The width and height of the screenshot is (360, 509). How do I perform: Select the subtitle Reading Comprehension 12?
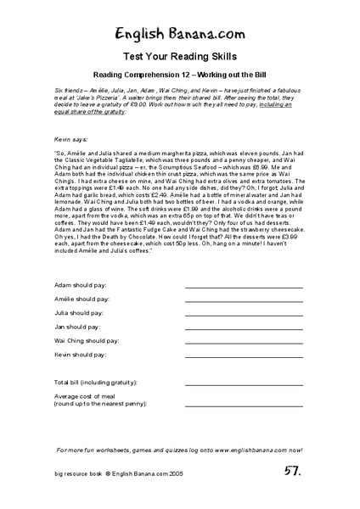tap(180, 75)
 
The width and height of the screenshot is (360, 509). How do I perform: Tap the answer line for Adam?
tap(244, 288)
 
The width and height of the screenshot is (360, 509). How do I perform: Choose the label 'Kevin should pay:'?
tap(82, 354)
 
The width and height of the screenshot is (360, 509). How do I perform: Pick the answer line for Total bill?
tap(244, 386)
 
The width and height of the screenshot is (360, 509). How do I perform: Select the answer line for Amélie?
tap(244, 302)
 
